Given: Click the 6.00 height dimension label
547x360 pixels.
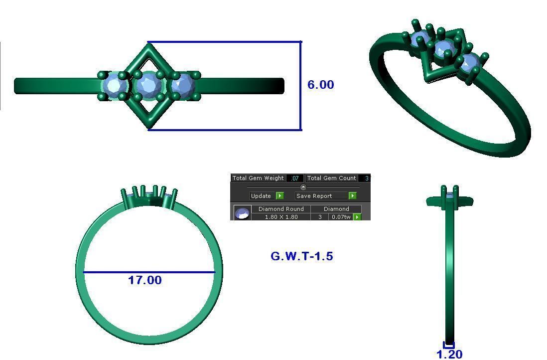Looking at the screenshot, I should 320,85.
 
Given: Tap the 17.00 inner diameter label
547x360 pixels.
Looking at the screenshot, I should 145,280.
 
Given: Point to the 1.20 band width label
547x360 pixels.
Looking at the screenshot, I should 449,354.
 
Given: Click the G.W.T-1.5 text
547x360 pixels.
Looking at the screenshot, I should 302,256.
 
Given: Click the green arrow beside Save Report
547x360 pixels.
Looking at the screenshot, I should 352,196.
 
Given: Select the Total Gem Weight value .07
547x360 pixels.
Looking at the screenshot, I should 295,178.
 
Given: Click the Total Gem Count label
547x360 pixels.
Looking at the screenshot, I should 331,178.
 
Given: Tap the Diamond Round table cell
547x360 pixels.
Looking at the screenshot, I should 281,209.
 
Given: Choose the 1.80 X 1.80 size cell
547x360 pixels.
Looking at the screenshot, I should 281,217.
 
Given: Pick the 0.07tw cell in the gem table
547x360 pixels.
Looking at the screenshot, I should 341,217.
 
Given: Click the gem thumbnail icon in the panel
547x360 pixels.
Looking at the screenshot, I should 242,213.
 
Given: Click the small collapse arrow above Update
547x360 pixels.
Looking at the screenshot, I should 303,187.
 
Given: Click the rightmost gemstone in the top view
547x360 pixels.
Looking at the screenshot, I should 182,85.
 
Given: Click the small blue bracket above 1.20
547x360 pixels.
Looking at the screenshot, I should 449,345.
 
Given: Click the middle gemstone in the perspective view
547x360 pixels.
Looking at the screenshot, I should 443,49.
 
